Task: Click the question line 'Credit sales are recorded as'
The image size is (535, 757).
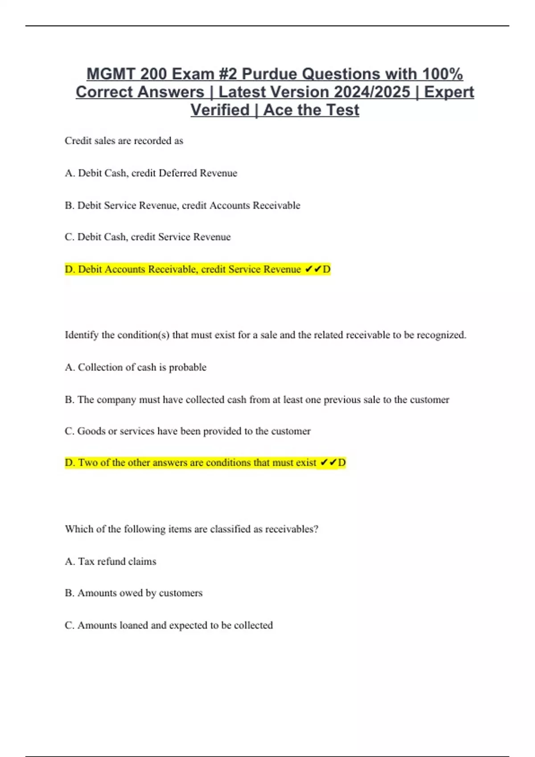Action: [x=124, y=141]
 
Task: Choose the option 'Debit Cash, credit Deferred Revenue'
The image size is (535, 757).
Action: [x=151, y=173]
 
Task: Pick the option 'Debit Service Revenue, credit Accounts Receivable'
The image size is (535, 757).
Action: [x=182, y=205]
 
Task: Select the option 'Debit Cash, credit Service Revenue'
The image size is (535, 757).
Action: [x=148, y=237]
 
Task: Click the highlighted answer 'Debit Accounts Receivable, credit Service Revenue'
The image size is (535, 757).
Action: [x=183, y=269]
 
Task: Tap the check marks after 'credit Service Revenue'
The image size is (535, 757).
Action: [x=313, y=269]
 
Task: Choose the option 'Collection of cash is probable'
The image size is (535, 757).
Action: [x=136, y=367]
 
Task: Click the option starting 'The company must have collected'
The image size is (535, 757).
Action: [x=257, y=399]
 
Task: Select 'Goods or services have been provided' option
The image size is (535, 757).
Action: [x=188, y=431]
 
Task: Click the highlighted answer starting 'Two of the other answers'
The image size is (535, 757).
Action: [x=190, y=463]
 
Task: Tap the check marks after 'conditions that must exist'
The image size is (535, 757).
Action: [x=328, y=463]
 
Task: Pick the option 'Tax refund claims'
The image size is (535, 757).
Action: [x=111, y=562]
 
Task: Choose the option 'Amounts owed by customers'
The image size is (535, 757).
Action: [x=134, y=593]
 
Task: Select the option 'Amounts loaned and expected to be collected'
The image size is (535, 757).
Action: [x=169, y=625]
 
